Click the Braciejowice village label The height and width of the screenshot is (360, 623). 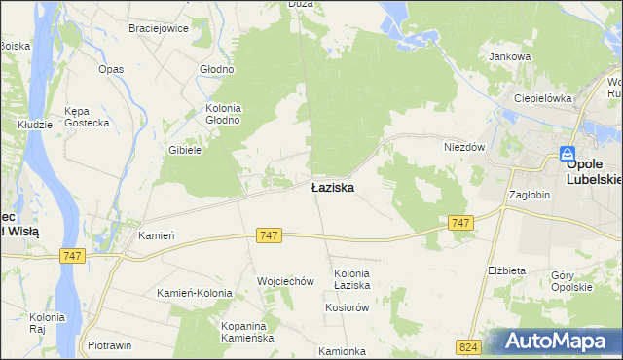point(159,28)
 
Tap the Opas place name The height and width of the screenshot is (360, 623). point(111,69)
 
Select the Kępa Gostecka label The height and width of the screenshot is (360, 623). point(84,117)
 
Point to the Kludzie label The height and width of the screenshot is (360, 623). point(35,126)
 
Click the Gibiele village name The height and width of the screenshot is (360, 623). point(185,150)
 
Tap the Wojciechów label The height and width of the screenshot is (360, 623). point(285,281)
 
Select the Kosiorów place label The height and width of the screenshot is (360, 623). point(347,306)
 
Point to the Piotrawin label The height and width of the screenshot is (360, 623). point(110,345)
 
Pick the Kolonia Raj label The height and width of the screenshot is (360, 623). point(46,323)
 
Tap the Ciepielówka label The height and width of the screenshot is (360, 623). point(543,98)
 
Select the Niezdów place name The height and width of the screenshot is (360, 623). point(464,146)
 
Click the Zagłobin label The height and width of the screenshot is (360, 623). point(531,194)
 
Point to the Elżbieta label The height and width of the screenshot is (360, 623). point(506,270)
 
